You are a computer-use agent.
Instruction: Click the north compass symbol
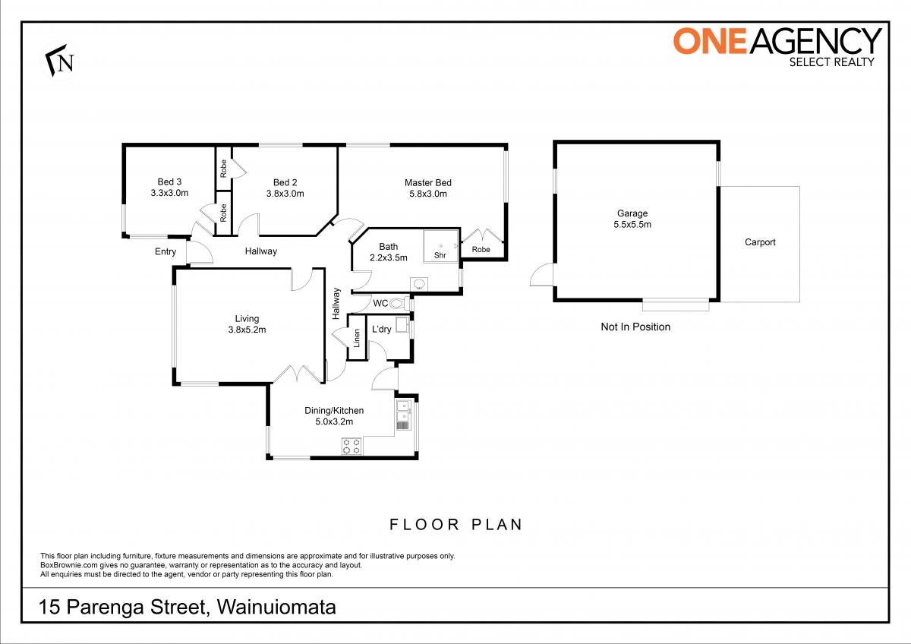[59, 60]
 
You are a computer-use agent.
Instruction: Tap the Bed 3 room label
[169, 182]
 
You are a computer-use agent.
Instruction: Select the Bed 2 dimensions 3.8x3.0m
[285, 194]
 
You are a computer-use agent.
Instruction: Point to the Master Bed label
[428, 183]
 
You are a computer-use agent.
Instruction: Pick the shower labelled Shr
[441, 246]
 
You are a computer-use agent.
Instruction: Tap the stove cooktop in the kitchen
[351, 446]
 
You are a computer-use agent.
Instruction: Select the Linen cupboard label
[357, 338]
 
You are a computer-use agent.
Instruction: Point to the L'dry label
[381, 329]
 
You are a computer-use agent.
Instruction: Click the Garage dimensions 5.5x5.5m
[632, 224]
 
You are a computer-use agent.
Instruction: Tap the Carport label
[760, 242]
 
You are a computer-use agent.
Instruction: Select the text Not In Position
[635, 327]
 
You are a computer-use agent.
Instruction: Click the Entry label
[165, 251]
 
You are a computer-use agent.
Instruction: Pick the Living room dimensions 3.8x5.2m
[247, 330]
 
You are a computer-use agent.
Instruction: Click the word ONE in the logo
[711, 41]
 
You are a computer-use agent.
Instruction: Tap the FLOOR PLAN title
[456, 525]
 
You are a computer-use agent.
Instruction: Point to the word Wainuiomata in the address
[276, 608]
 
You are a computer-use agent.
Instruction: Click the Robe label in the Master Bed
[481, 249]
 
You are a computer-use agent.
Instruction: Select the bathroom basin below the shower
[419, 284]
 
